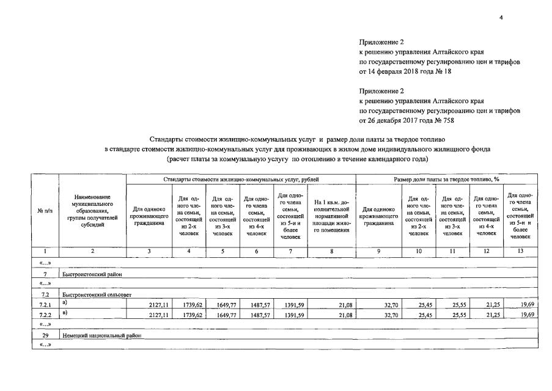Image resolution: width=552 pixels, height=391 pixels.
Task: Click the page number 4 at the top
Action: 501,17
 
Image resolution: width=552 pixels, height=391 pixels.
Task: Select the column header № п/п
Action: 43,211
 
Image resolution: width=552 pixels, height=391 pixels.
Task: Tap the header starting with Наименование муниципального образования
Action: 92,211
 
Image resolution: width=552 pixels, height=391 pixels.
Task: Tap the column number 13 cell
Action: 520,252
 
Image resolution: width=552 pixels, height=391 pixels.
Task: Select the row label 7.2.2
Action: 43,314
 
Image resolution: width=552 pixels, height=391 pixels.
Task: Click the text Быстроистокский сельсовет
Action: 93,294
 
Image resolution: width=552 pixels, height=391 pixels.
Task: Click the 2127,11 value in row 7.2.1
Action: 158,304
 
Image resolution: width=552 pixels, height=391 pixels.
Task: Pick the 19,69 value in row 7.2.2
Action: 526,314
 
